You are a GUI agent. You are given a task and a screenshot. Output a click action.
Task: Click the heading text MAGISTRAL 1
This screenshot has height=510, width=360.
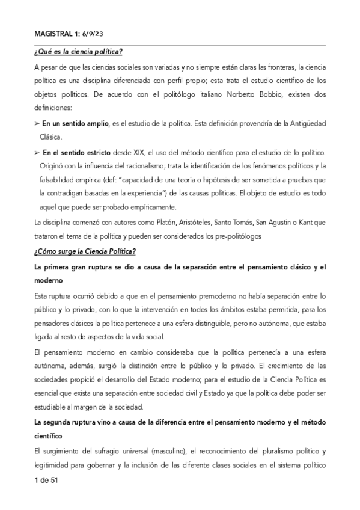click(x=53, y=33)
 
